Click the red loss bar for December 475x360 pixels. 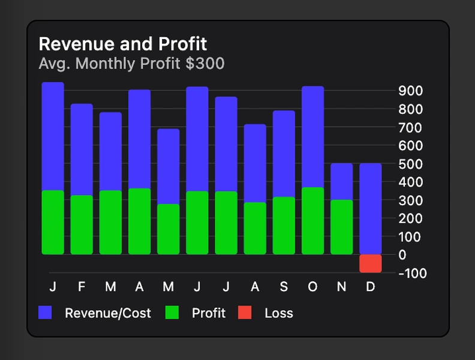[x=371, y=263]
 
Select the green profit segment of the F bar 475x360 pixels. [x=82, y=225]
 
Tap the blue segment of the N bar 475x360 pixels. [x=342, y=181]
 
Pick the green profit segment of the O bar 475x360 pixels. [x=313, y=221]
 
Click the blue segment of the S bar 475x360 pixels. [x=284, y=154]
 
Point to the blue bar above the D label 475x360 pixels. [x=371, y=209]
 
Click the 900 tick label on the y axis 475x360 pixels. [x=411, y=91]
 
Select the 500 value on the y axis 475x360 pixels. [x=411, y=164]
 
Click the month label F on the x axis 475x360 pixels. [x=82, y=287]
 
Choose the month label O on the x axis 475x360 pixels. [x=312, y=287]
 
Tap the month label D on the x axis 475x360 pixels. [x=371, y=287]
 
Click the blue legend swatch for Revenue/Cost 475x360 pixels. [x=45, y=313]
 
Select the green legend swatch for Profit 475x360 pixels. [x=172, y=313]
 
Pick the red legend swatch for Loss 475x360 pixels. [x=245, y=313]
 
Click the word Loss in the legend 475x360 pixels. [x=279, y=313]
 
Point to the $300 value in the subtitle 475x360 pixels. [x=205, y=63]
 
